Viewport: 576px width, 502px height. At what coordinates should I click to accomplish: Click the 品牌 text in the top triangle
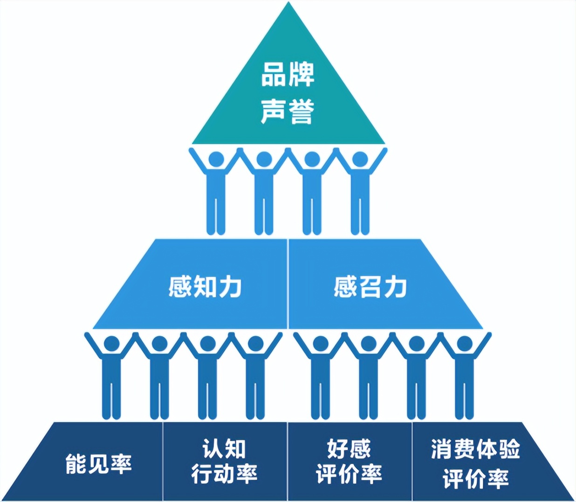[x=288, y=75]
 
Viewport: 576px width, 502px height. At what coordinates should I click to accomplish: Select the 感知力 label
[x=205, y=286]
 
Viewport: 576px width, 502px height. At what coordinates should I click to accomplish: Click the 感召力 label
[x=370, y=286]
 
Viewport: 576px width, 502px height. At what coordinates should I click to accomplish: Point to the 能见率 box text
[x=99, y=463]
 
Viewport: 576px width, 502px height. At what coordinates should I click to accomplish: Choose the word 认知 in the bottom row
[x=224, y=449]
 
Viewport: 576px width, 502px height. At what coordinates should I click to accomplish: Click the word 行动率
[x=224, y=474]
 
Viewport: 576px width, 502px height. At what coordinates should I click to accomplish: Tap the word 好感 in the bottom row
[x=349, y=449]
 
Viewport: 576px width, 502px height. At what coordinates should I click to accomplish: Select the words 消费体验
[x=475, y=449]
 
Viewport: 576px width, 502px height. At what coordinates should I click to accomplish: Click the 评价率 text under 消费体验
[x=475, y=479]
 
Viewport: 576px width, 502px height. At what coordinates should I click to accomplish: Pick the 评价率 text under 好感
[x=349, y=474]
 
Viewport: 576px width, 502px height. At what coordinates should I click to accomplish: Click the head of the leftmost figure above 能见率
[x=111, y=344]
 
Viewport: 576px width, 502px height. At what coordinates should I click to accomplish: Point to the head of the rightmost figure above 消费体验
[x=465, y=344]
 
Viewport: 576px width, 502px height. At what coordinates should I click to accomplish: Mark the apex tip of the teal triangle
[x=288, y=4]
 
